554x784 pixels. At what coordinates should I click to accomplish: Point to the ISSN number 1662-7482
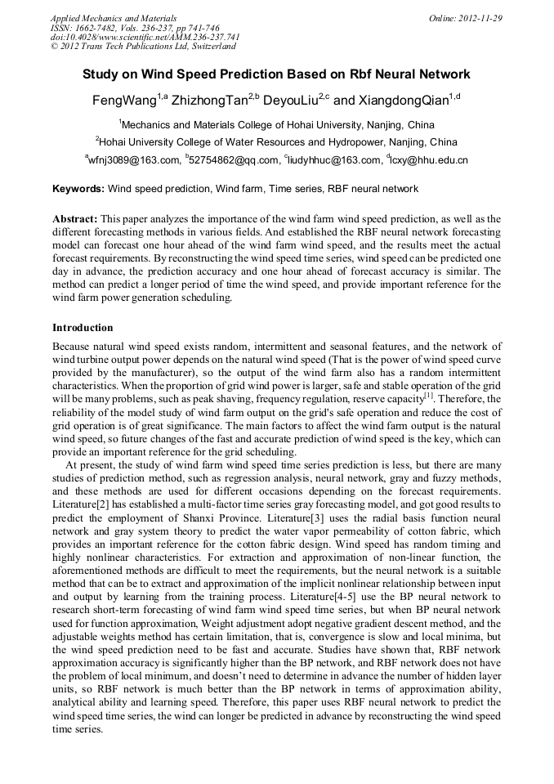(x=96, y=28)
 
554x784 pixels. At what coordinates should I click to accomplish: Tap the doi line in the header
(x=145, y=37)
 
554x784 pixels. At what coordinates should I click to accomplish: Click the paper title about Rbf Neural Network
(x=276, y=74)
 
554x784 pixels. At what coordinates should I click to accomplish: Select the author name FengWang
(x=123, y=102)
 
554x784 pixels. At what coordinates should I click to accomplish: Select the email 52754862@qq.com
(x=235, y=160)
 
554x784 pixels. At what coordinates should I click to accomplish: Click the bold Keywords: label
(x=78, y=189)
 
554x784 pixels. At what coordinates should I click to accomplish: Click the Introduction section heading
(x=83, y=328)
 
